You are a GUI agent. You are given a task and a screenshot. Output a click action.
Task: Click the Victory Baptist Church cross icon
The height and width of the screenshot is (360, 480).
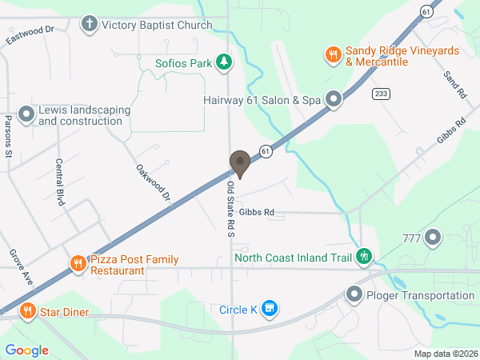(90, 24)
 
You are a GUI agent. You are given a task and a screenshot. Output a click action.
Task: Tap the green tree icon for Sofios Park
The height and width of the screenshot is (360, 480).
(226, 62)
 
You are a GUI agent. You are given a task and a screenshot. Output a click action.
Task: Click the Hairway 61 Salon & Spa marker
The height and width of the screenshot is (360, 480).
(333, 100)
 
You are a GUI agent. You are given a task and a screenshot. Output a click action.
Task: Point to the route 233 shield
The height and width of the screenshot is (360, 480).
(380, 94)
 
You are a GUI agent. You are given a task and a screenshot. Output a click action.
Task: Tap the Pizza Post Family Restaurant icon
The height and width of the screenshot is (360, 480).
(78, 265)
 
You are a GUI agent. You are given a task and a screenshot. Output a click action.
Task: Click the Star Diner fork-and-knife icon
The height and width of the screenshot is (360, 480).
(27, 311)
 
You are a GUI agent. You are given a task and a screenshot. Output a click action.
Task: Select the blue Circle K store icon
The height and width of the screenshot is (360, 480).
(270, 309)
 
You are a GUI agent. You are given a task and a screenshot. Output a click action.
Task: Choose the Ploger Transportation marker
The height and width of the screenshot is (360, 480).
(354, 295)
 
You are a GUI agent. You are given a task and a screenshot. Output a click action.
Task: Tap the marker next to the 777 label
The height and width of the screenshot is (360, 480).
(434, 238)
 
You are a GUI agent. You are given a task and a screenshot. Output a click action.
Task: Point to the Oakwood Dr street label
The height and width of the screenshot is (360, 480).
(154, 183)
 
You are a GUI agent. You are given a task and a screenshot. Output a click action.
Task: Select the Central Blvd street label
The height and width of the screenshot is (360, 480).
(59, 182)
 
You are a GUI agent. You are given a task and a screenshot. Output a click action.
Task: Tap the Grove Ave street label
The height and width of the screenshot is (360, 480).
(20, 267)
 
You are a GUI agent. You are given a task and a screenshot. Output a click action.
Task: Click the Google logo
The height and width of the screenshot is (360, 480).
(27, 350)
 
